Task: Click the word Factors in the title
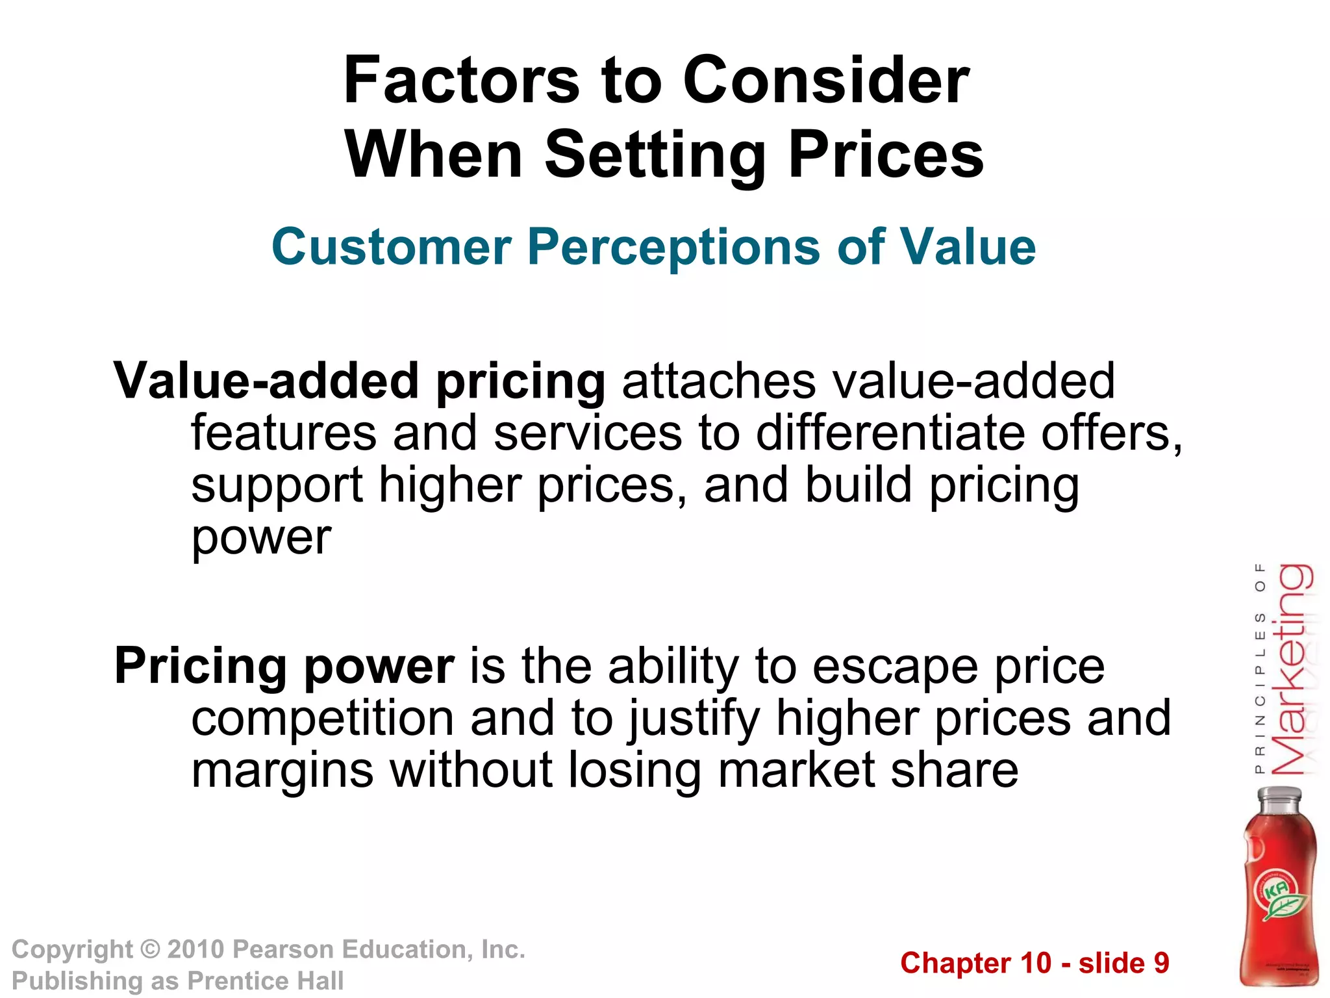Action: (x=461, y=81)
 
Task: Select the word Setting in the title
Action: (x=656, y=155)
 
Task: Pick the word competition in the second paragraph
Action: (x=322, y=719)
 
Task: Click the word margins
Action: (x=282, y=772)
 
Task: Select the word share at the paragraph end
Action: (x=954, y=771)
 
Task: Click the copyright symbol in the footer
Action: (x=150, y=950)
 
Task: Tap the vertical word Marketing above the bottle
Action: (x=1292, y=669)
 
